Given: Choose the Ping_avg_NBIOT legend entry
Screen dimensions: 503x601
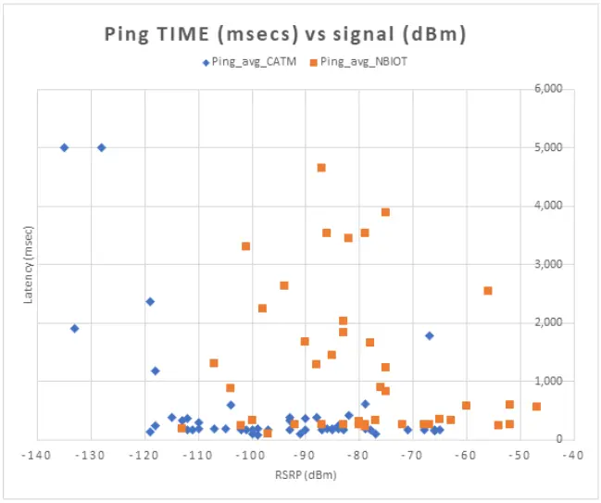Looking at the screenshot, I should coord(362,62).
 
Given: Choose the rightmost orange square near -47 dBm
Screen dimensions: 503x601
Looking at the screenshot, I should coord(536,407).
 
